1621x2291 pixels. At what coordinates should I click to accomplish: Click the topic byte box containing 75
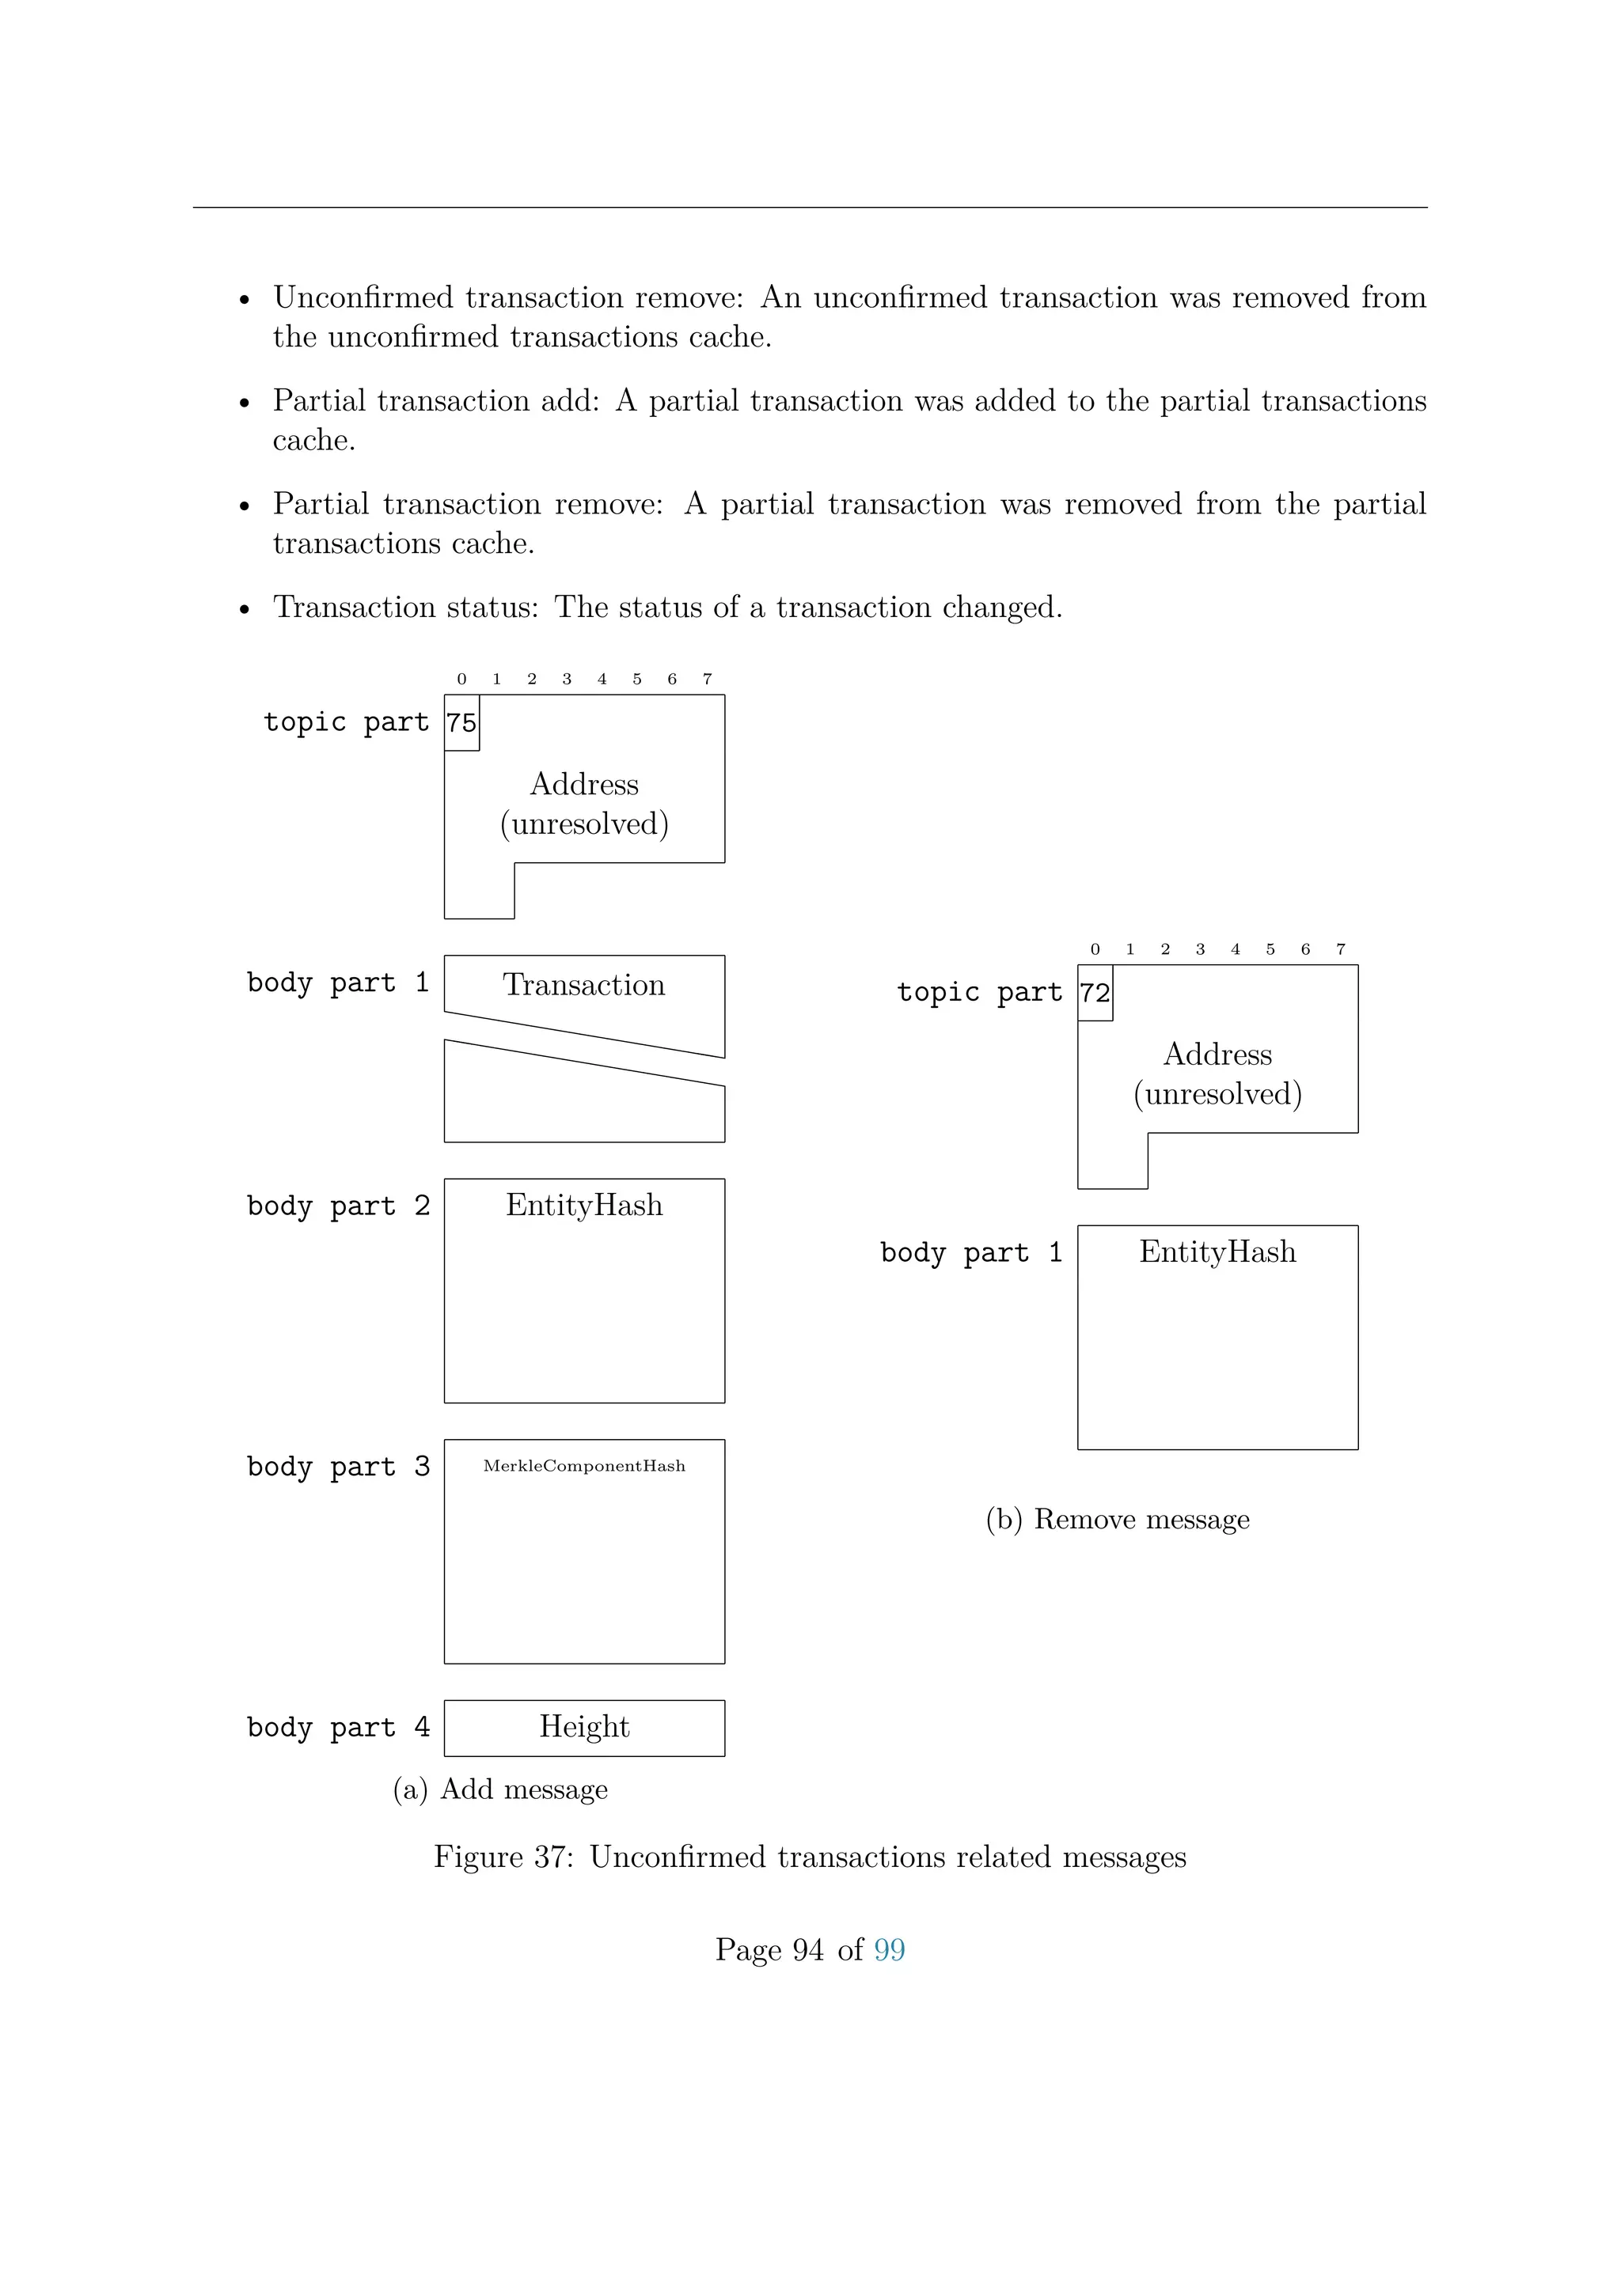tap(461, 722)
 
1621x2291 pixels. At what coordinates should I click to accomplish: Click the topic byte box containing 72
tap(1095, 993)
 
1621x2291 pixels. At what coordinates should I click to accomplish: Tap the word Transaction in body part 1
tap(584, 985)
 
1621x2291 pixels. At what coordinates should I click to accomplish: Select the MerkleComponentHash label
tap(584, 1466)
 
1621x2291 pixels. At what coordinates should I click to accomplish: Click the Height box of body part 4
tap(584, 1727)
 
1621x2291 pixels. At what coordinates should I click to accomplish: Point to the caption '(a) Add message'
tap(500, 1789)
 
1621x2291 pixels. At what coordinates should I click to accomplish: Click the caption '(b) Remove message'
tap(1117, 1519)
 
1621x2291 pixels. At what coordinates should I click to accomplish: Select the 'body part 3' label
tap(339, 1467)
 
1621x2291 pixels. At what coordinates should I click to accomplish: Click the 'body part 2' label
tap(339, 1206)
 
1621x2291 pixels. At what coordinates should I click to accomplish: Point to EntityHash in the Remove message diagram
tap(1218, 1252)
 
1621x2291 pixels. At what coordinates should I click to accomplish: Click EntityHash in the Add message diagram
tap(584, 1206)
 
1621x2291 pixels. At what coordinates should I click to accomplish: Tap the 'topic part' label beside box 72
tap(979, 993)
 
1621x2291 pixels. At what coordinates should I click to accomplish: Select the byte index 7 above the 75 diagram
tap(708, 680)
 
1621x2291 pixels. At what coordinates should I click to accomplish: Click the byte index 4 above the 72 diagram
tap(1236, 950)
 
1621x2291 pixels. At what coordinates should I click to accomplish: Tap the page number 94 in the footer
tap(808, 1950)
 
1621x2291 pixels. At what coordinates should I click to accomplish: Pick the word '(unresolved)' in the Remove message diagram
tap(1218, 1095)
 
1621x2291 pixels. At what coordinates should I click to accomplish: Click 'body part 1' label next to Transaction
tap(339, 983)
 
